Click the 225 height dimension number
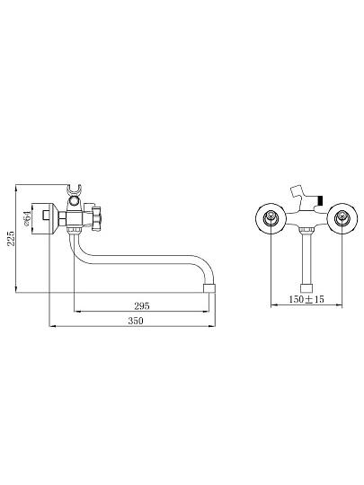tap(11, 238)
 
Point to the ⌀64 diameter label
tap(27, 218)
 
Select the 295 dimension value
tap(142, 306)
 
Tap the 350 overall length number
tap(136, 321)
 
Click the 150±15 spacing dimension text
tap(306, 299)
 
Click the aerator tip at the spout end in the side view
tap(209, 288)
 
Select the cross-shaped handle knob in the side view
tap(97, 218)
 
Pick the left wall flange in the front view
tap(271, 217)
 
